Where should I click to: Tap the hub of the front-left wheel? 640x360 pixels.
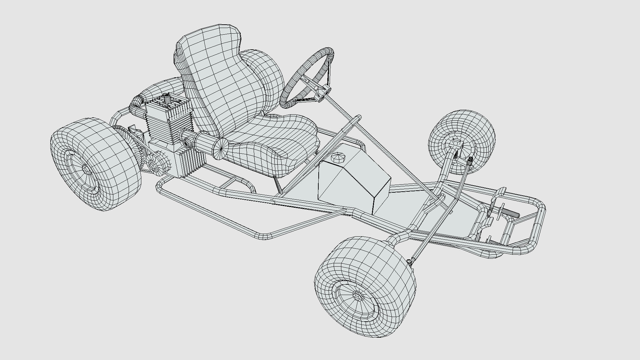click(358, 295)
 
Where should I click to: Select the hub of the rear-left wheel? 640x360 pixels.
click(86, 170)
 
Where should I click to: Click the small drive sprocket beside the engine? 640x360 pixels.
click(154, 163)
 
